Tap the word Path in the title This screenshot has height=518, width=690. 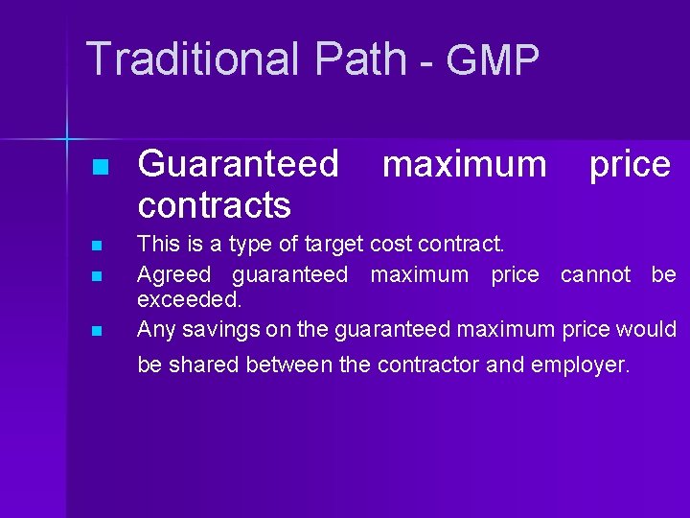(x=359, y=59)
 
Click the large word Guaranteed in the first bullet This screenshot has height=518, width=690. (x=238, y=164)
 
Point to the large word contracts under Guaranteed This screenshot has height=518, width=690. (x=214, y=204)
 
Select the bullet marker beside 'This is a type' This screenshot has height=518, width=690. (x=96, y=247)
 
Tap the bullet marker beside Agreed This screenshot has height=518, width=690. (x=96, y=276)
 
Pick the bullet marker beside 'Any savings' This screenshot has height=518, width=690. (x=96, y=331)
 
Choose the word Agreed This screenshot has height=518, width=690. (x=173, y=275)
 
